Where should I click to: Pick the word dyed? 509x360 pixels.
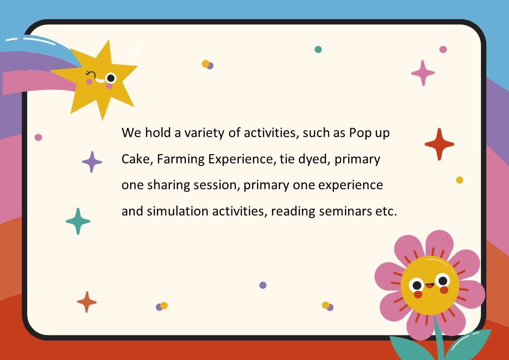314,160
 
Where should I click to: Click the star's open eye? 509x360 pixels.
111,78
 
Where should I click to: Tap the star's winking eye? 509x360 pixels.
91,74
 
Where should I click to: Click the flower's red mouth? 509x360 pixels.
430,286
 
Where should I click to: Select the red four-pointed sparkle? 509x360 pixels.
439,144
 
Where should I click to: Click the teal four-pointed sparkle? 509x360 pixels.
78,221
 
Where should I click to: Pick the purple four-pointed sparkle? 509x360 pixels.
92,162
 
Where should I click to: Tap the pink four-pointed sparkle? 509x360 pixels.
422,73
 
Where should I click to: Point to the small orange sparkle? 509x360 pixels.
87,302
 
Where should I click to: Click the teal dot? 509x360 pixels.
318,49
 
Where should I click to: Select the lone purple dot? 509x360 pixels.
263,285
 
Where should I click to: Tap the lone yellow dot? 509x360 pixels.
459,180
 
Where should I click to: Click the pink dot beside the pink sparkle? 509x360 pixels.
443,49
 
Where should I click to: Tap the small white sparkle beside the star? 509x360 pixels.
137,49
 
